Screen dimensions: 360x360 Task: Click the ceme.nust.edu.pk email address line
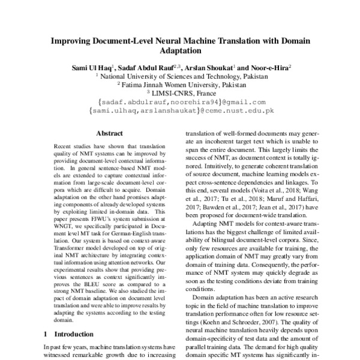[x=181, y=111]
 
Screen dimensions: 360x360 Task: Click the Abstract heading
[x=97, y=134]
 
